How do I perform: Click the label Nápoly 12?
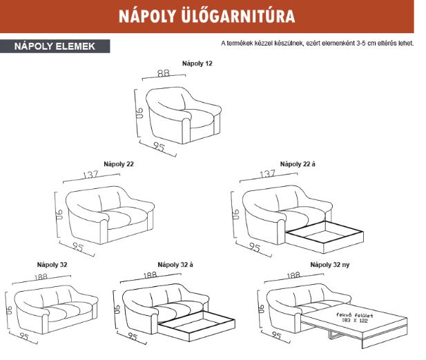[x=197, y=63]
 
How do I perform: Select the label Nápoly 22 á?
[x=298, y=164]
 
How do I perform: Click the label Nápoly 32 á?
[x=175, y=264]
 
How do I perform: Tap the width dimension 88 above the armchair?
[x=163, y=73]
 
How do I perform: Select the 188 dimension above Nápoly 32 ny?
[x=293, y=275]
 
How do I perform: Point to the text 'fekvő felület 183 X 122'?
[x=354, y=317]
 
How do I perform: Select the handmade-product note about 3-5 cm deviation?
[x=317, y=43]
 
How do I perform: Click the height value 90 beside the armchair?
[x=138, y=112]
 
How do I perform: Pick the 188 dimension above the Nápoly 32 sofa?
[x=43, y=276]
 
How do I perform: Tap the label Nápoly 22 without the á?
[x=118, y=164]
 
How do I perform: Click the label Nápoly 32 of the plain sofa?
[x=52, y=264]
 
